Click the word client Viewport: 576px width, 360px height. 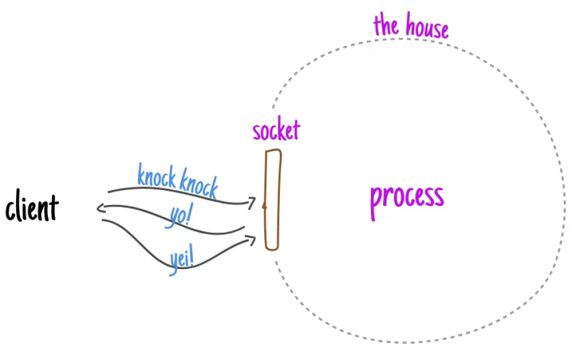pyautogui.click(x=32, y=206)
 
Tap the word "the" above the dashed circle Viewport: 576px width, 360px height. pyautogui.click(x=386, y=24)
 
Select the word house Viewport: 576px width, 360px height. pyautogui.click(x=427, y=26)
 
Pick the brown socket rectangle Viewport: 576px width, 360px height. pyautogui.click(x=273, y=200)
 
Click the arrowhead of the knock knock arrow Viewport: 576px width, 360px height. pyautogui.click(x=252, y=202)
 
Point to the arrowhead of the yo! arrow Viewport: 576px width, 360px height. pyautogui.click(x=100, y=209)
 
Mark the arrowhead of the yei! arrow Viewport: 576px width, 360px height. pyautogui.click(x=251, y=240)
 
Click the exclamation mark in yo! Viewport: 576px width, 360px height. pyautogui.click(x=190, y=214)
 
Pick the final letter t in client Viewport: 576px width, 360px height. pyautogui.click(x=54, y=207)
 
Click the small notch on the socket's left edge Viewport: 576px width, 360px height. pyautogui.click(x=264, y=206)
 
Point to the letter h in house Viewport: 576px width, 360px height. pyautogui.click(x=410, y=24)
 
